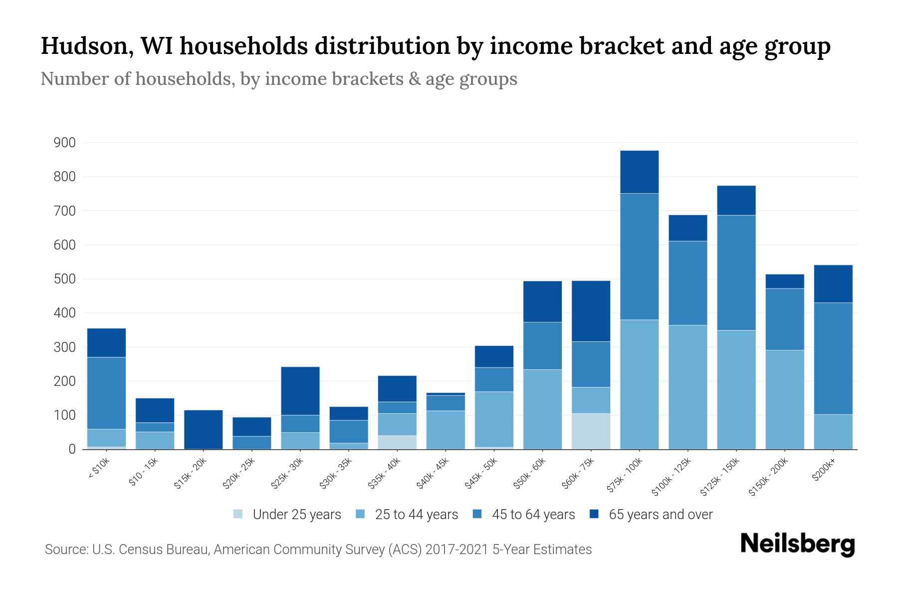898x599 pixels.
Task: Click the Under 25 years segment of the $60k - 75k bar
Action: pos(591,431)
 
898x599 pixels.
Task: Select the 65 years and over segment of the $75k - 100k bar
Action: pos(639,172)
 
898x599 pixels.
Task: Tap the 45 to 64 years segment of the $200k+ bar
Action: pos(833,358)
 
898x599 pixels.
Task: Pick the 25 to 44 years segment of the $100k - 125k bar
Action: pos(687,387)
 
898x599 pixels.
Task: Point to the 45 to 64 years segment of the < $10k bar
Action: pos(106,393)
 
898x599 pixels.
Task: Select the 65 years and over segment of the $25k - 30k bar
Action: pos(300,391)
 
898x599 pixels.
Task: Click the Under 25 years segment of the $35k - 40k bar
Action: pos(397,442)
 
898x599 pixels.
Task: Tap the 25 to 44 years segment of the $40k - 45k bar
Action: pos(446,430)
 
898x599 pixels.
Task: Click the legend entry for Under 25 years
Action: pos(296,515)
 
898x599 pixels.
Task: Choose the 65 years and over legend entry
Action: pos(660,515)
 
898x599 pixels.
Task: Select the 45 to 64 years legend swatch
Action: pos(476,514)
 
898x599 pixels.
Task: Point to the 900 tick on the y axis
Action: pos(65,143)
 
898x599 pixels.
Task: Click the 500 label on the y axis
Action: pos(65,280)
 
